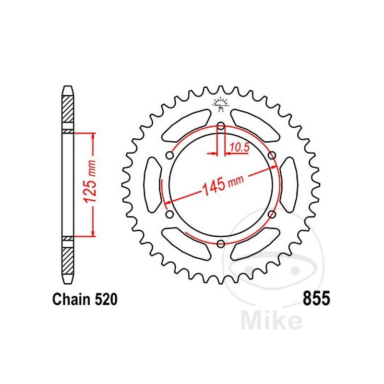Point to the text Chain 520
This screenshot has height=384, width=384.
point(84,300)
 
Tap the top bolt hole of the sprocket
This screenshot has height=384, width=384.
point(220,127)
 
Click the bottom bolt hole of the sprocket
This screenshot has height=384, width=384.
point(220,243)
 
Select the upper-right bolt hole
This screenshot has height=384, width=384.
point(272,155)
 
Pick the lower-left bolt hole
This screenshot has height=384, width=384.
point(169,214)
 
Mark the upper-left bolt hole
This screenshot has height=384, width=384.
point(169,155)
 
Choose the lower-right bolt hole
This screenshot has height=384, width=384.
point(272,214)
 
